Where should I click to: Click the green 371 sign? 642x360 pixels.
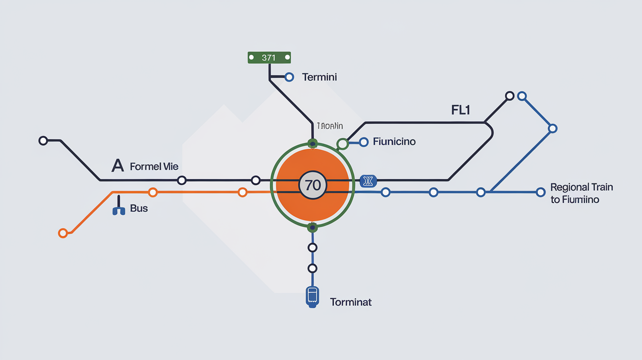point(269,58)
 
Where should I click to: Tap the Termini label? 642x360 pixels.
point(320,77)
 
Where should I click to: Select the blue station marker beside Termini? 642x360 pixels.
point(289,77)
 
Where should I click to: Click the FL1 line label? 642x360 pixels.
point(460,110)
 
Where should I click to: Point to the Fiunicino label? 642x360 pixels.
point(394,142)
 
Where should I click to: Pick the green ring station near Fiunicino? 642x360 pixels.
point(343,144)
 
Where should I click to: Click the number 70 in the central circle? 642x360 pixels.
point(312,185)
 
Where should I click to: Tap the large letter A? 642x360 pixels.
point(117,166)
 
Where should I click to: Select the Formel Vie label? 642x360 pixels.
point(154,167)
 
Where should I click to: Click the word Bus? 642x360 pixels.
point(139,209)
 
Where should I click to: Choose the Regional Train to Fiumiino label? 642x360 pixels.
point(581,193)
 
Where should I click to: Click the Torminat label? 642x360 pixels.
point(351,302)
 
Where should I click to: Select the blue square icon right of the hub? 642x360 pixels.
point(367,181)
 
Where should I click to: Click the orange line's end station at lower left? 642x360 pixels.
point(63,233)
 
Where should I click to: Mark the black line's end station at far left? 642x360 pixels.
point(43,141)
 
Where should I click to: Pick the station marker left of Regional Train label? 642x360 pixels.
point(540,192)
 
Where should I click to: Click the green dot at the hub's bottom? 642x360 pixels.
point(312,227)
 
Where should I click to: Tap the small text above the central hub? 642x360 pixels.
point(330,126)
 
